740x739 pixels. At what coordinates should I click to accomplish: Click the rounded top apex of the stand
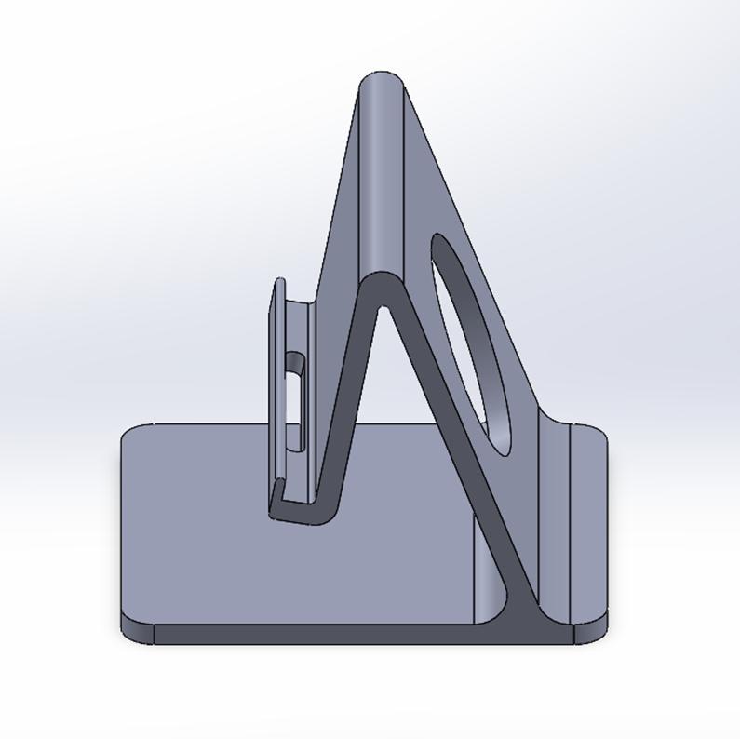click(382, 78)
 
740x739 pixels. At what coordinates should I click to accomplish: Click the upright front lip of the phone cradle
click(278, 391)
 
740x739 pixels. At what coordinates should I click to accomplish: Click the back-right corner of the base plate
click(596, 436)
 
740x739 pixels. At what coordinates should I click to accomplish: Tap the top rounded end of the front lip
click(278, 283)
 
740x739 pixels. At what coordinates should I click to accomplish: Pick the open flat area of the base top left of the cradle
click(195, 521)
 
